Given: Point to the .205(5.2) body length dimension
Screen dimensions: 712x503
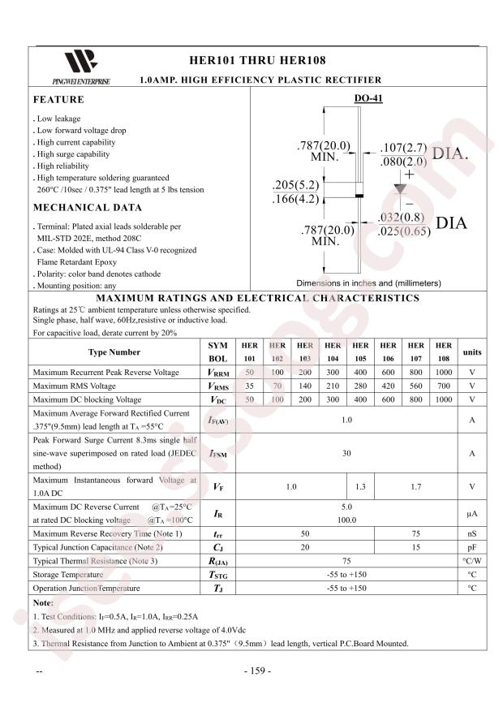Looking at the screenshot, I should [x=296, y=184].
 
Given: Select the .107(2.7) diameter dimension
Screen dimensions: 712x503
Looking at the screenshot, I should [x=403, y=148].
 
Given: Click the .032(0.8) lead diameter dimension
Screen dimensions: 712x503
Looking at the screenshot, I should [x=401, y=218].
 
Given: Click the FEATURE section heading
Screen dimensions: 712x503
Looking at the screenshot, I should [x=58, y=100].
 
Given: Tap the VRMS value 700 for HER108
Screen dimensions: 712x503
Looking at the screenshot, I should [x=443, y=386].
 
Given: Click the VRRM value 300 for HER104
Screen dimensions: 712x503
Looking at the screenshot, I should [x=333, y=372].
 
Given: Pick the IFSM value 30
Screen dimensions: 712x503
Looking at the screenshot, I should [x=346, y=454].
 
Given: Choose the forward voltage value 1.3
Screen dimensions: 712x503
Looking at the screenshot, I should [x=360, y=487].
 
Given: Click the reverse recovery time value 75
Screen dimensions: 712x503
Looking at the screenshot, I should [x=415, y=533].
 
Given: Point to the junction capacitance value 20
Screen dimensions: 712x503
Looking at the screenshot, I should [x=305, y=546].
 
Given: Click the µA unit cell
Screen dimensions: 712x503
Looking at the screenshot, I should [x=471, y=514].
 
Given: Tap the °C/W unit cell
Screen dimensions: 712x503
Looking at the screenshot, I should [x=471, y=560].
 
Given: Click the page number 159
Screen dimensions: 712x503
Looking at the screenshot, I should [x=258, y=671].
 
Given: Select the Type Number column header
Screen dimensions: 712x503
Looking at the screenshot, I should [x=114, y=352].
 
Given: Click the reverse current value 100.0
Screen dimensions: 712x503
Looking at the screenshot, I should [x=346, y=520].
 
